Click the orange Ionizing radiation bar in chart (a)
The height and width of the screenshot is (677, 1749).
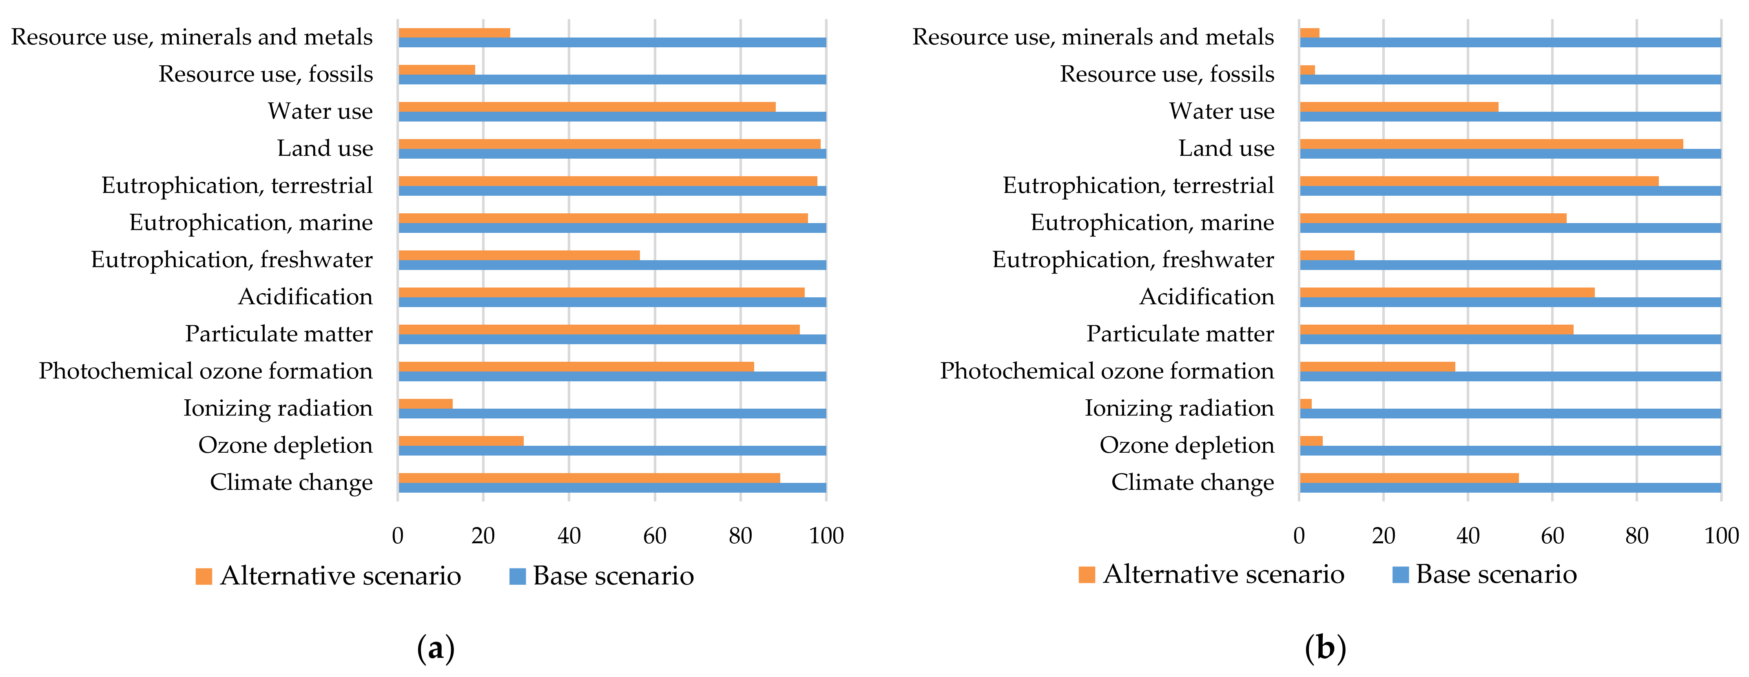[425, 403]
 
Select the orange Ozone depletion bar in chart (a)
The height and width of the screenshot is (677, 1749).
[460, 441]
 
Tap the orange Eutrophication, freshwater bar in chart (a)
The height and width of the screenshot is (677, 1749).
[519, 255]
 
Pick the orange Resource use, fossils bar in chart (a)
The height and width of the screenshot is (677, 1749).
[436, 69]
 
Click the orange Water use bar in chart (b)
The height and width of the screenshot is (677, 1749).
[1399, 106]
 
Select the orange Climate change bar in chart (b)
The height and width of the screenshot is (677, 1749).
[1409, 478]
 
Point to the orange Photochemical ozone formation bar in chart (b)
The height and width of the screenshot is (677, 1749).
[1377, 367]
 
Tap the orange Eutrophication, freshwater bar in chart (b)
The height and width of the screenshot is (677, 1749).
[1327, 255]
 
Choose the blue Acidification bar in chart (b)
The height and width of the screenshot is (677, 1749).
[1510, 302]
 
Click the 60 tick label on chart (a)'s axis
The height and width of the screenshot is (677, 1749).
[655, 536]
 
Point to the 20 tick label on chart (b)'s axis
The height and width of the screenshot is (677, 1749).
[1383, 536]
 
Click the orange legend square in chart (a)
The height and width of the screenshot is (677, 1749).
[204, 576]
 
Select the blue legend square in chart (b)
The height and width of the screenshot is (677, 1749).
[1400, 575]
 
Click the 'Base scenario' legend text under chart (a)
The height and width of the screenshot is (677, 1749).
[613, 576]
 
